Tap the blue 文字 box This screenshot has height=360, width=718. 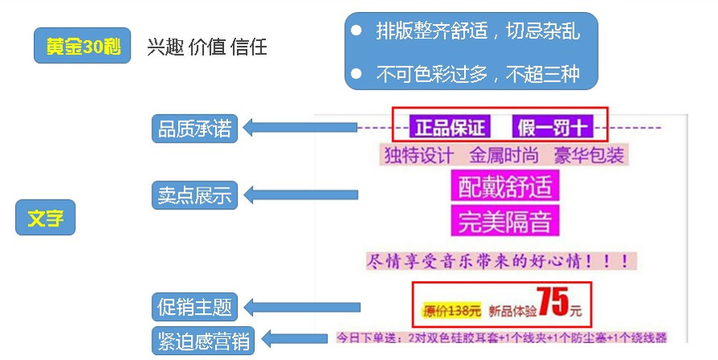point(45,217)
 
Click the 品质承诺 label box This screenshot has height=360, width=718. point(194,129)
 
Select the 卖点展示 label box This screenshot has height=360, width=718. point(194,195)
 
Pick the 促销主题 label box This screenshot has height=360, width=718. point(194,307)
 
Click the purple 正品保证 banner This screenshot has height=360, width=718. point(450,127)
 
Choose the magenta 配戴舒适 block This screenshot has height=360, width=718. point(504,187)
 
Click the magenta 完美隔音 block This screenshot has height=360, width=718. point(504,221)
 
